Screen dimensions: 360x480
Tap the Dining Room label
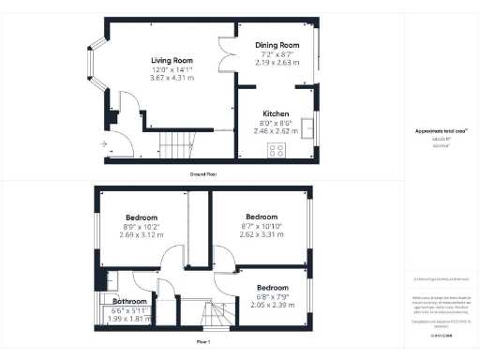277,45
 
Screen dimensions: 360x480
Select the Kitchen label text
275,112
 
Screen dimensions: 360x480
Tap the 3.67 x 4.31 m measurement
170,78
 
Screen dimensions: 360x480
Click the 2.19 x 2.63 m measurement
277,62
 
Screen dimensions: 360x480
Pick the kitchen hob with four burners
277,149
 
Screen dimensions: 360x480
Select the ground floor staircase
175,144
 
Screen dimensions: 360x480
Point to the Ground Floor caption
203,174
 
